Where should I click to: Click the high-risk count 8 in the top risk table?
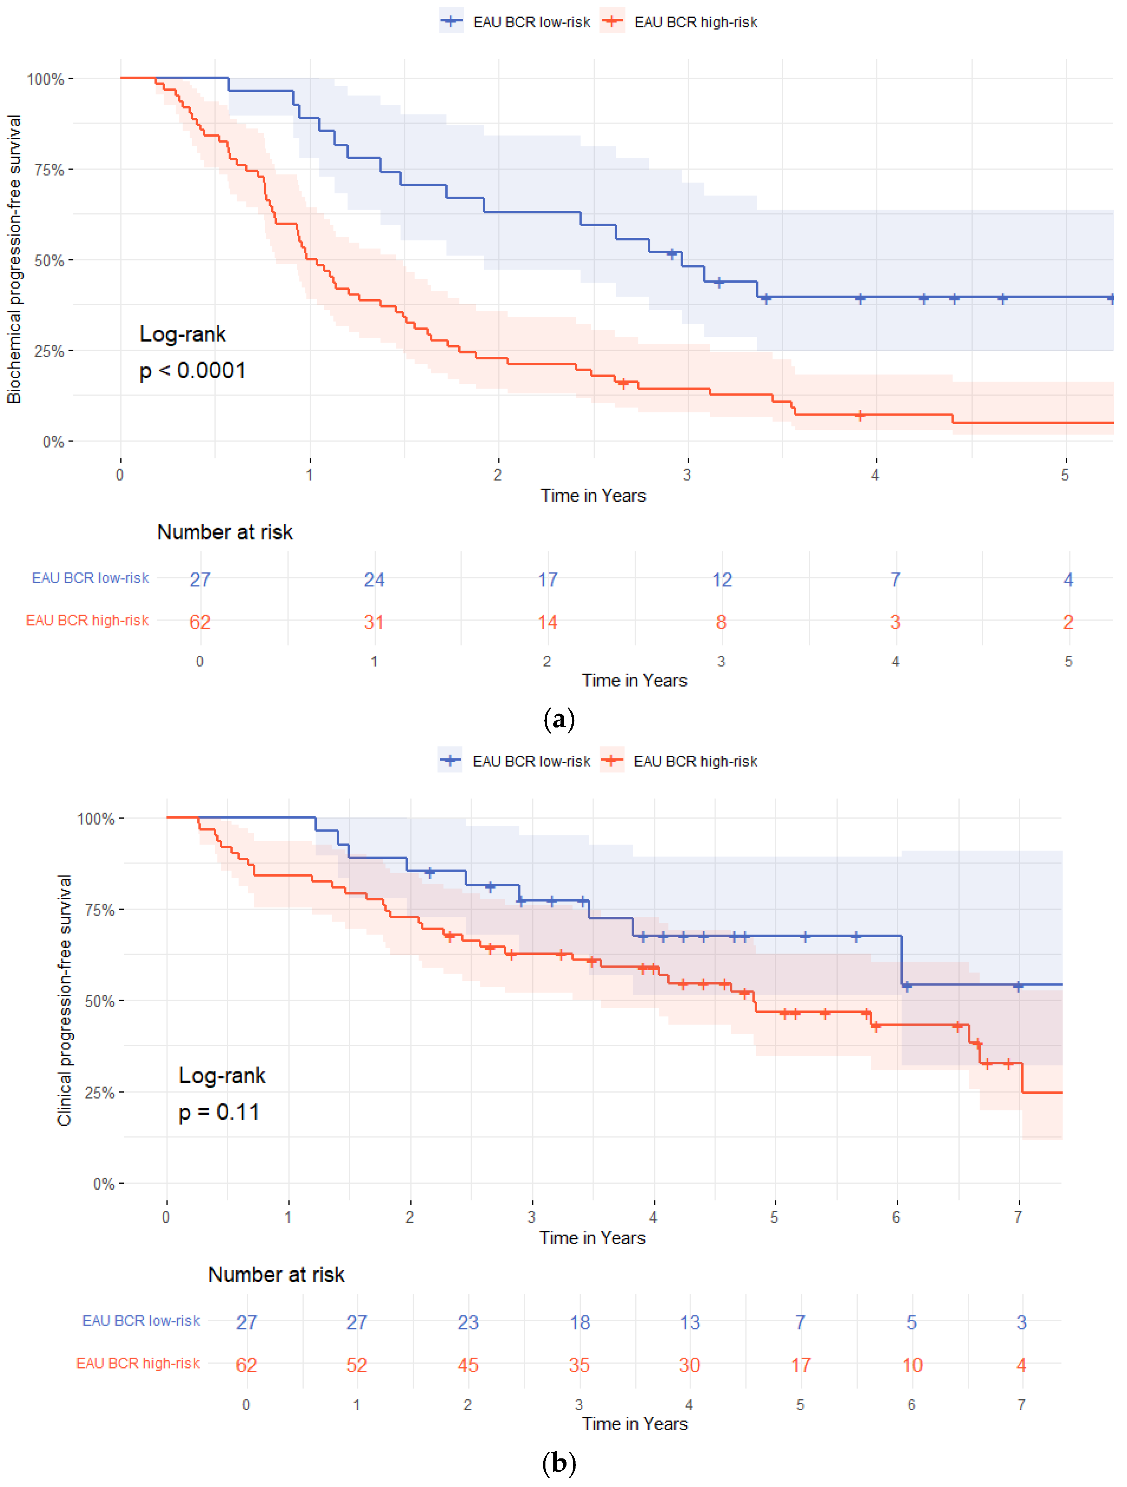(x=721, y=622)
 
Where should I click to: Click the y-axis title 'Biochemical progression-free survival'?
(x=14, y=259)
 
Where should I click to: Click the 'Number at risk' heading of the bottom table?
(x=276, y=1275)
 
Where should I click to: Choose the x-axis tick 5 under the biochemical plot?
(x=1065, y=475)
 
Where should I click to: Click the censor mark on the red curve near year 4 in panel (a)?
(x=860, y=416)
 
